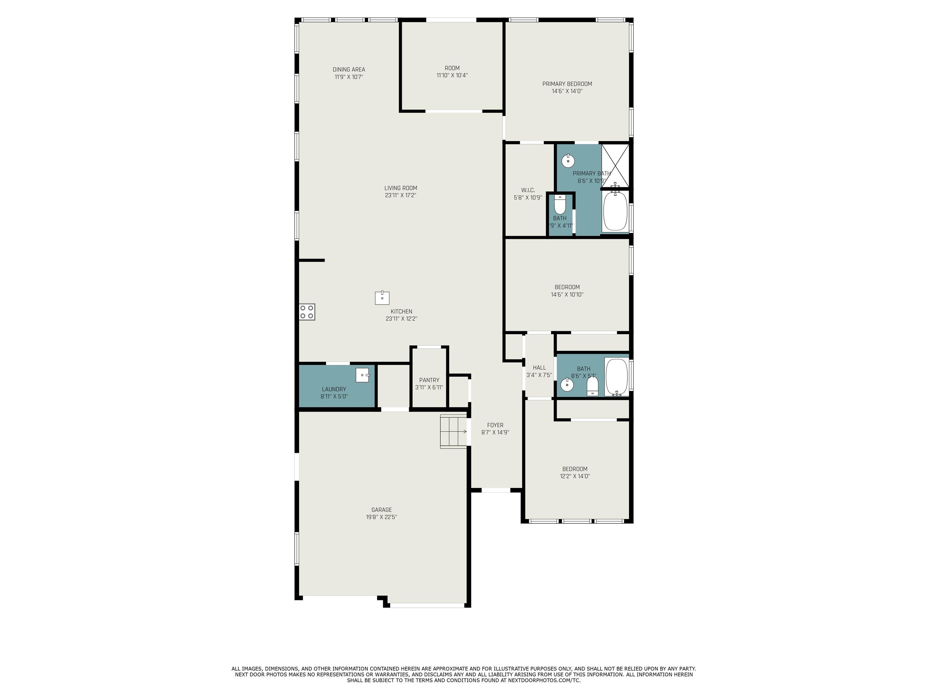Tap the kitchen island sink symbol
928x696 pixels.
point(382,298)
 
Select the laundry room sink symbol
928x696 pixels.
point(363,375)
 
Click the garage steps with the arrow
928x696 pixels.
point(453,431)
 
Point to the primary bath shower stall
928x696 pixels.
point(615,165)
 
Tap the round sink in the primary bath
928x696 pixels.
point(568,161)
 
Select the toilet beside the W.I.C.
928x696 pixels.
point(560,204)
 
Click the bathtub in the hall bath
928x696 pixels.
point(616,377)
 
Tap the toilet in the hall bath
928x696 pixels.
point(592,386)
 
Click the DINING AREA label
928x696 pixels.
point(349,70)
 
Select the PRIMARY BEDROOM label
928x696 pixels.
point(567,84)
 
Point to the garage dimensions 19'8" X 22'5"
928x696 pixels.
point(381,517)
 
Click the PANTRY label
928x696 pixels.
point(429,380)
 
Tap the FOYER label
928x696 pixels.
point(495,425)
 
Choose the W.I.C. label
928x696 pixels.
point(528,190)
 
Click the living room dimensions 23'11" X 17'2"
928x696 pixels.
point(401,195)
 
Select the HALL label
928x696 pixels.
point(540,368)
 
